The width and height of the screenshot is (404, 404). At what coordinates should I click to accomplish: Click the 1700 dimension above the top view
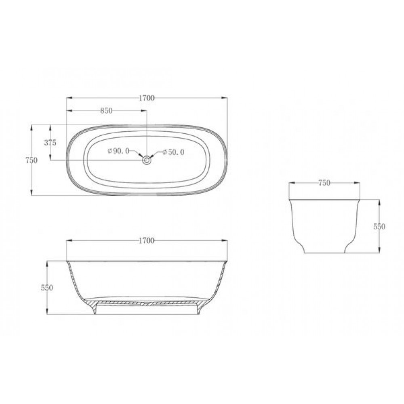tap(147, 98)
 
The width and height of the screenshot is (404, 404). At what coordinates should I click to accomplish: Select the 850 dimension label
tap(106, 111)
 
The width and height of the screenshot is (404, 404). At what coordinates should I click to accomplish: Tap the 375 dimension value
tap(50, 143)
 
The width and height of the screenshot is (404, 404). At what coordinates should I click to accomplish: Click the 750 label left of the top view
tap(32, 160)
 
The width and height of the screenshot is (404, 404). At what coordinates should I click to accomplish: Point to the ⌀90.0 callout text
tap(118, 151)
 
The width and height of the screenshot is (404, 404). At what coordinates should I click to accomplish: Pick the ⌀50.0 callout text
tap(174, 152)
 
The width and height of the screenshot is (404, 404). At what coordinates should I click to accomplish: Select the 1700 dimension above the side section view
tap(147, 241)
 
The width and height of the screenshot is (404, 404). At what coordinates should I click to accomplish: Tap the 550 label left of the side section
tap(46, 288)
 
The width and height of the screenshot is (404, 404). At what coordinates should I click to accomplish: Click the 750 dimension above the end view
tap(324, 183)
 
